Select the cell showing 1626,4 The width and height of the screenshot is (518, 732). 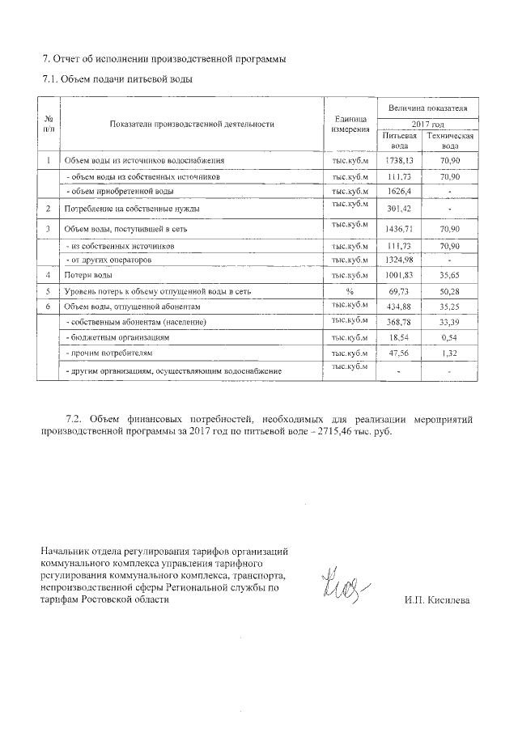pos(399,191)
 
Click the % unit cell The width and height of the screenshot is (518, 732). pos(350,291)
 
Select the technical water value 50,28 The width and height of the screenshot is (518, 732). pos(451,291)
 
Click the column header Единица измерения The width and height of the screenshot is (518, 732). pos(350,124)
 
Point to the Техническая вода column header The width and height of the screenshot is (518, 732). pos(451,142)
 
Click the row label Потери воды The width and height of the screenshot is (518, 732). pos(88,276)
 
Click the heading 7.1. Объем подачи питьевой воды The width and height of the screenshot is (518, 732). pos(117,79)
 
